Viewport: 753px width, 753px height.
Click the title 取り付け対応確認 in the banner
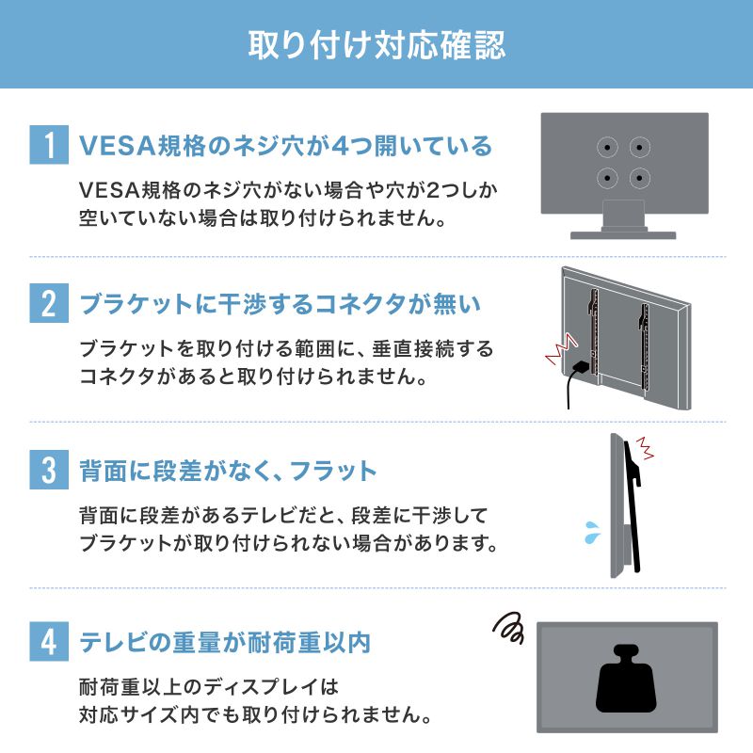coord(376,44)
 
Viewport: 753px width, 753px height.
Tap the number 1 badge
coord(47,146)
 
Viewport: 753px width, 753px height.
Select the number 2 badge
coord(47,306)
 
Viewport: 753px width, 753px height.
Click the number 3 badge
coord(47,471)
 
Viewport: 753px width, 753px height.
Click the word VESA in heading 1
coord(108,146)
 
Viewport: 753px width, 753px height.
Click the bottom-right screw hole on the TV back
coord(639,177)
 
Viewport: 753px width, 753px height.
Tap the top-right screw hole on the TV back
coord(639,148)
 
